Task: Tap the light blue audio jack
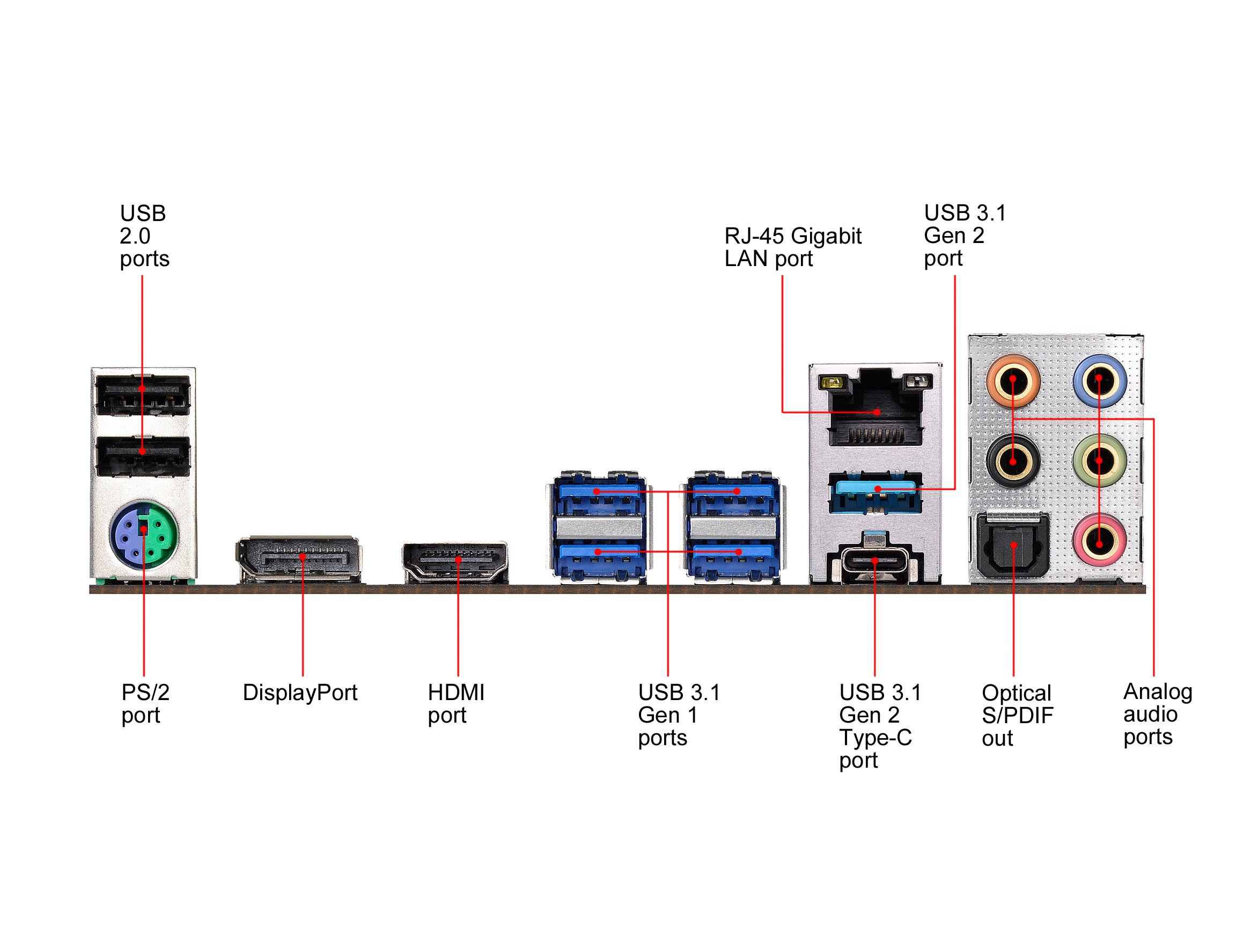1099,380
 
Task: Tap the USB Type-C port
874,561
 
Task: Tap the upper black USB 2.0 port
143,394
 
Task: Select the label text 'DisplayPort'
299,693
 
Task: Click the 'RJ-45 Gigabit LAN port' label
792,247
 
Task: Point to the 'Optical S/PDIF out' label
1017,716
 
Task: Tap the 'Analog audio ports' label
1157,715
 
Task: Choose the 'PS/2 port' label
145,704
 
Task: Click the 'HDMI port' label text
455,704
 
